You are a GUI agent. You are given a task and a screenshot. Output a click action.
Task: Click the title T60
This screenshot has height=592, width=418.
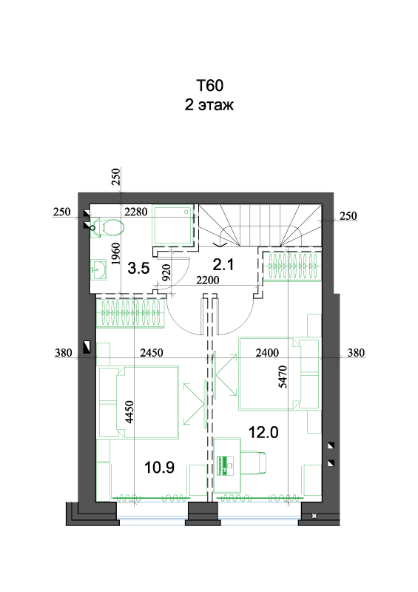209,85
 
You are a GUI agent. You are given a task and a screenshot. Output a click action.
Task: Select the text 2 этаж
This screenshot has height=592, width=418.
209,104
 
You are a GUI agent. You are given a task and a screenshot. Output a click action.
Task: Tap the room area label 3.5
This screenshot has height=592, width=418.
138,268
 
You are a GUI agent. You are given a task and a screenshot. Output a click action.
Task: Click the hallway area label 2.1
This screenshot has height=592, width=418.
223,264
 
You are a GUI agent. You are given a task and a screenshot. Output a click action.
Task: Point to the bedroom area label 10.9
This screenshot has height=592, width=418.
159,468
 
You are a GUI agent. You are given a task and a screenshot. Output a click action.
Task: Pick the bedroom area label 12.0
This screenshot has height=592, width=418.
263,432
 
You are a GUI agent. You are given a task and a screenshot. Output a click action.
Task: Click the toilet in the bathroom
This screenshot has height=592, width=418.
107,227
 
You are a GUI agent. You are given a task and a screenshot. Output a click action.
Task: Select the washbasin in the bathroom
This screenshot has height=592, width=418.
99,270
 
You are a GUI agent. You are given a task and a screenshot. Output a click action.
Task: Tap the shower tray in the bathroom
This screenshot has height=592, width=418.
173,225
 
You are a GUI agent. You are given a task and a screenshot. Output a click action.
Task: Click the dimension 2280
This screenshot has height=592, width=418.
135,212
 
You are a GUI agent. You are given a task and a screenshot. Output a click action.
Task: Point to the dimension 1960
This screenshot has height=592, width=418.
115,253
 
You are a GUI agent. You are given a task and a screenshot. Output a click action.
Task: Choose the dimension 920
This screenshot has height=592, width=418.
166,272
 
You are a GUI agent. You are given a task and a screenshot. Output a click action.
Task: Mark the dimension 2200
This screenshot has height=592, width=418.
207,280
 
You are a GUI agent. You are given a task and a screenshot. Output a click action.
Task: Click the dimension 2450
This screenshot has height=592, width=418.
152,353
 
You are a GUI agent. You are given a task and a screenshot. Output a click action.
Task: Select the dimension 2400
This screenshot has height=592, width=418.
267,353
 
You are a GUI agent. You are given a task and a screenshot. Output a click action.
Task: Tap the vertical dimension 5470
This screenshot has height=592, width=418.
283,377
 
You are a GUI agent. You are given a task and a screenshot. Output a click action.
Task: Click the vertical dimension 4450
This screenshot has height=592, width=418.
129,412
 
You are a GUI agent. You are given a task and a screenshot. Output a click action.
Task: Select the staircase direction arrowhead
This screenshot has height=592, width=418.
220,244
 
